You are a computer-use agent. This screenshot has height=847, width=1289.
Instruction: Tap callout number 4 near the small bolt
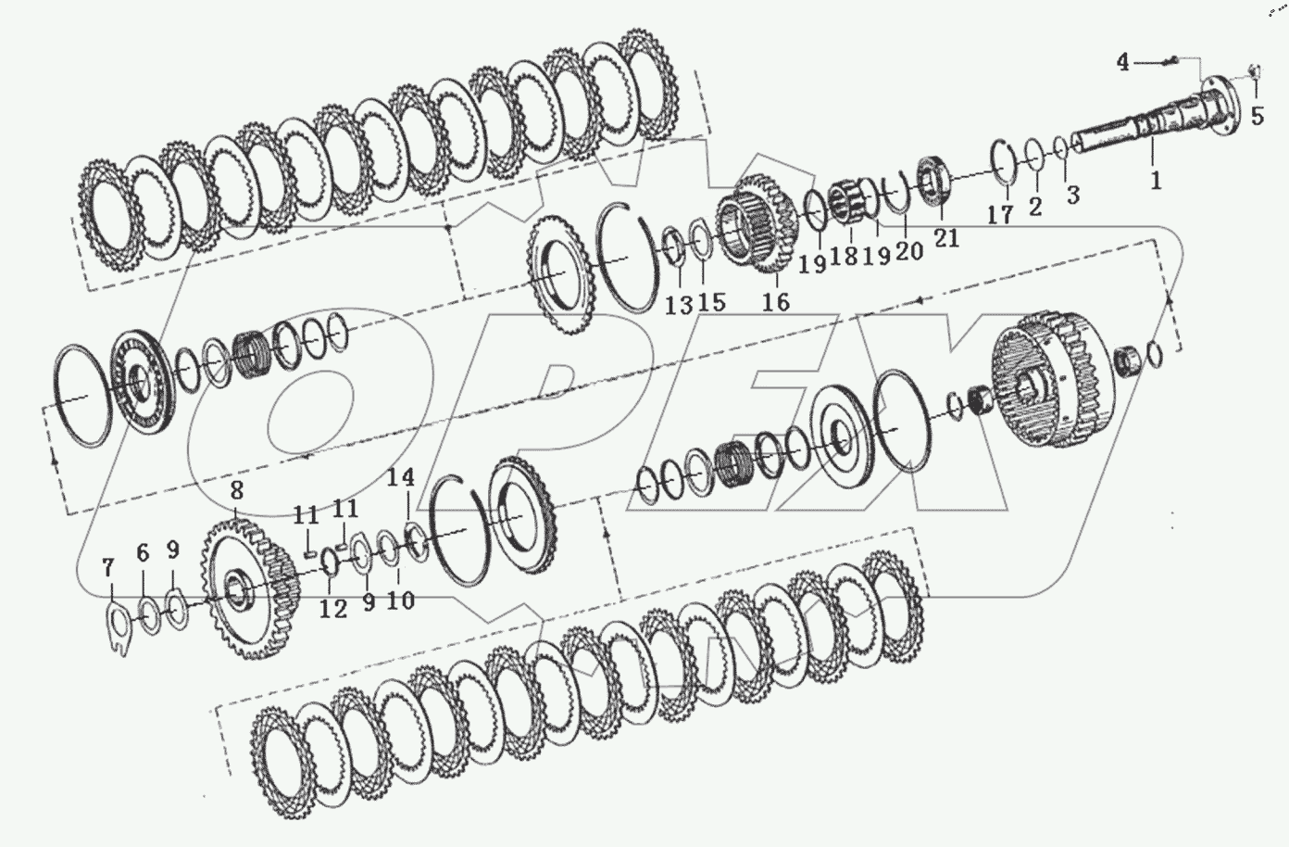(1123, 62)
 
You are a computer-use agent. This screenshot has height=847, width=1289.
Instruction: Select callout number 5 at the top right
(1258, 117)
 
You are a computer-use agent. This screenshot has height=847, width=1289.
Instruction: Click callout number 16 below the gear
(776, 302)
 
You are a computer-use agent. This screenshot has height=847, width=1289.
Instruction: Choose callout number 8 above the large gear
(236, 490)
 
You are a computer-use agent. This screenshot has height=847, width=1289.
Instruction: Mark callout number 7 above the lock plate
(108, 568)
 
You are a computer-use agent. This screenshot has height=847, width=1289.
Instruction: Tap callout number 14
(401, 477)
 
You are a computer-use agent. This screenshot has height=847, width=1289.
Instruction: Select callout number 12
(333, 609)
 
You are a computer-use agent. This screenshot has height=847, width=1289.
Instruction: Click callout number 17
(1000, 215)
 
